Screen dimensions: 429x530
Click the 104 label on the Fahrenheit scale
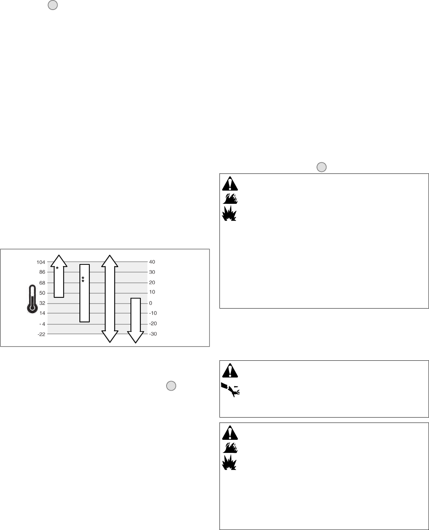coord(41,262)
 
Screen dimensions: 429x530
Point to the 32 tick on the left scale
coord(42,303)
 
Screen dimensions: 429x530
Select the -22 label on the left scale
coord(41,334)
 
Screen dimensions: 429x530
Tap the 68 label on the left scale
coord(42,283)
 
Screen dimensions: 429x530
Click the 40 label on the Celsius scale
coord(152,262)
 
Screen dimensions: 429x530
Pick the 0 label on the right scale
coord(150,303)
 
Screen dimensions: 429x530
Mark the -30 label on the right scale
coord(153,334)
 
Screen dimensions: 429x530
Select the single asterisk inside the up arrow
coord(57,268)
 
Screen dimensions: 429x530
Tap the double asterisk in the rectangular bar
coord(83,279)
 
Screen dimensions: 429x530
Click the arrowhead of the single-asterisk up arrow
coord(59,260)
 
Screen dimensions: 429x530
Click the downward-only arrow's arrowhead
coord(136,337)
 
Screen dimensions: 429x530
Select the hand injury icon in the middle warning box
coord(231,389)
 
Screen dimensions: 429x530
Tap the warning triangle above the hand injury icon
coord(230,371)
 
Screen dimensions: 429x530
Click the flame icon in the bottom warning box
coord(230,447)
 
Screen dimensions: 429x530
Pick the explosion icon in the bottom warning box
coord(230,462)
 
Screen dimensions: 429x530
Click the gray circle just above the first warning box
coord(321,167)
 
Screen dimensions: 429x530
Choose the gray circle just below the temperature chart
coord(171,386)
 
